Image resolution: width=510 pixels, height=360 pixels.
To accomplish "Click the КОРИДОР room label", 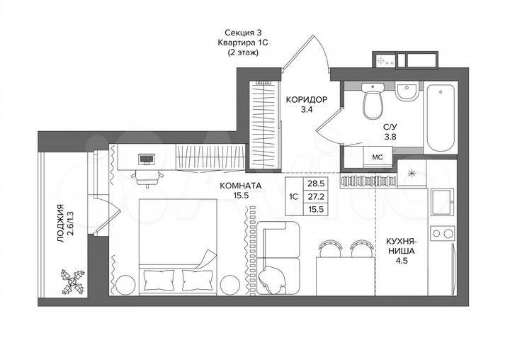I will pos(306,100).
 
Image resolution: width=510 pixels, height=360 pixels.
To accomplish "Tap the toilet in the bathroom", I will pos(372,102).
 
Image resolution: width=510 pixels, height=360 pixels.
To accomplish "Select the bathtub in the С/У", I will pos(443,117).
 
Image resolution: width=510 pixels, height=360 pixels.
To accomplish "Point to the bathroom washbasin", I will pos(407,94).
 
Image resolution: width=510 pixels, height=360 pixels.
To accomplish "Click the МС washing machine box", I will pos(378,157).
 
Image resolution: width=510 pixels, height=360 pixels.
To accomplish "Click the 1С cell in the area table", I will pos(293,196).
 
